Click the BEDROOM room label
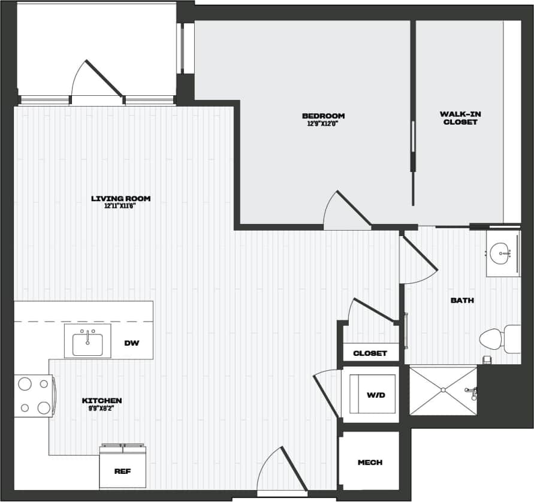(323, 116)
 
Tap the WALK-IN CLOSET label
(460, 117)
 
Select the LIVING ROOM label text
(120, 198)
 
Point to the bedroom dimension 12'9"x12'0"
(323, 124)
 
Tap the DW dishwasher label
(132, 343)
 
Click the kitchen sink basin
(88, 344)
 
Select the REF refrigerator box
(122, 470)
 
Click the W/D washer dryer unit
(372, 395)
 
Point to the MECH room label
(370, 462)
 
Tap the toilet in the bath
(493, 339)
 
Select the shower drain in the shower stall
(443, 391)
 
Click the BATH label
(462, 300)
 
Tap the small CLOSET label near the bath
(370, 353)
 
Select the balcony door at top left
(96, 81)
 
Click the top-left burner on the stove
(25, 384)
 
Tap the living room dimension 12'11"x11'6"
(120, 206)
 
